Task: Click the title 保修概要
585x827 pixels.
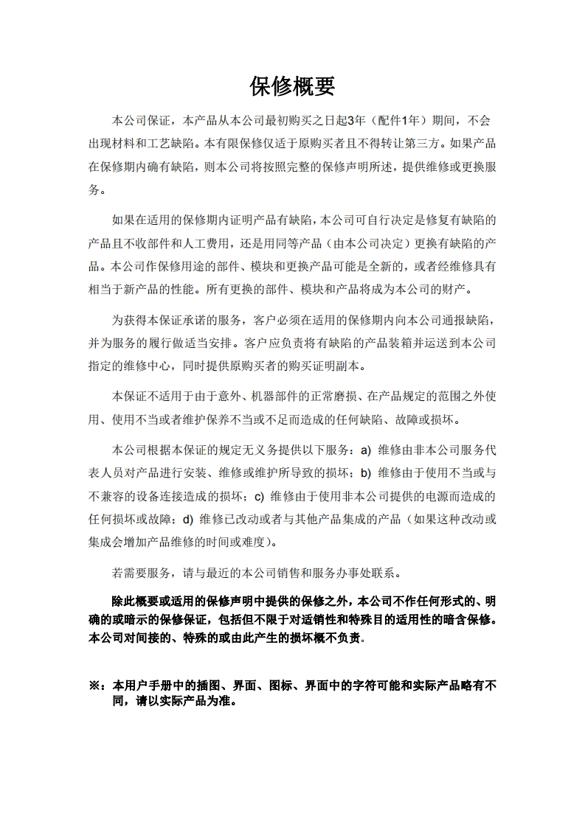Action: click(292, 86)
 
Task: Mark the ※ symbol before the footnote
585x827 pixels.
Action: click(95, 685)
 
